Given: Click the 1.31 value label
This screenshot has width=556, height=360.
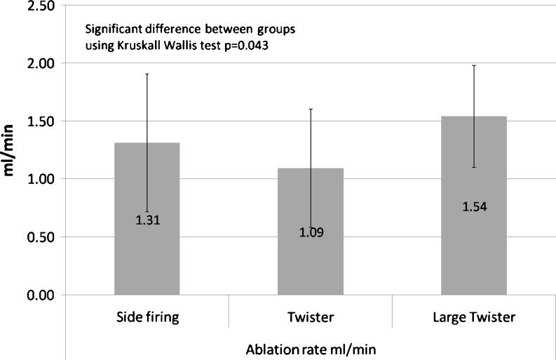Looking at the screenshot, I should click(x=147, y=220).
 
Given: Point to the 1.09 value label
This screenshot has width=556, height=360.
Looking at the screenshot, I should click(x=311, y=232).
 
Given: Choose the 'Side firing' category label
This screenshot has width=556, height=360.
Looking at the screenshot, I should click(x=147, y=317).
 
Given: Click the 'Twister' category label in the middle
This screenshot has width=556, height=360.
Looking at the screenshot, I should click(x=311, y=317).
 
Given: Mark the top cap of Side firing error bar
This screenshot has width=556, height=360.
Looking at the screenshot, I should click(x=147, y=74).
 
